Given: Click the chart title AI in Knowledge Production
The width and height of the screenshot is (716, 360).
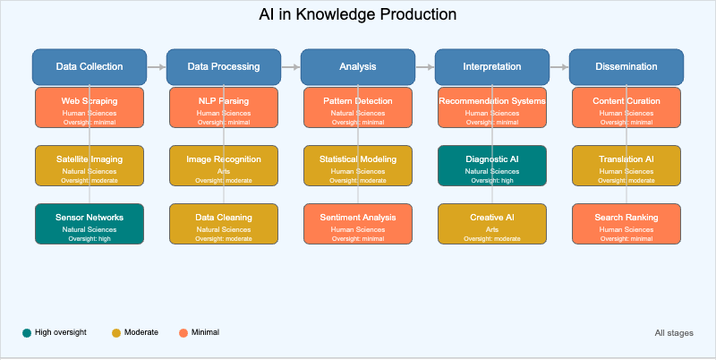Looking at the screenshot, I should pyautogui.click(x=358, y=15).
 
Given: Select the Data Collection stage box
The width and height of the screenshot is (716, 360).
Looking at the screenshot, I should pyautogui.click(x=89, y=66).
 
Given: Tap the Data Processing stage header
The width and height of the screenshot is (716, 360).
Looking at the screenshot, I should pyautogui.click(x=224, y=66).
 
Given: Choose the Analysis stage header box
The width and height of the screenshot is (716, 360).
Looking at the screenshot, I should pyautogui.click(x=358, y=66).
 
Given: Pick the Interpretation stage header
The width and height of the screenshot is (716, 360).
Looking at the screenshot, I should pyautogui.click(x=492, y=66).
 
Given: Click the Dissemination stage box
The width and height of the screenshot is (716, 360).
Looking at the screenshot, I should pyautogui.click(x=626, y=66).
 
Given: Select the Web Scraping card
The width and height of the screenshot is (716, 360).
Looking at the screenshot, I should pyautogui.click(x=89, y=107).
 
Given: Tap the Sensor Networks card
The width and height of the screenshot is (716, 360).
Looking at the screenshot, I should pyautogui.click(x=89, y=224).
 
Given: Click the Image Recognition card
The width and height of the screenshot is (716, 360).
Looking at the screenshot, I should pyautogui.click(x=224, y=166).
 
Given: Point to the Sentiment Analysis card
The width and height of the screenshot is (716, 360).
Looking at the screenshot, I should pyautogui.click(x=358, y=224).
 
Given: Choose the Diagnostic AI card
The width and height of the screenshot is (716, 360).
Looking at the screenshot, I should pyautogui.click(x=492, y=166).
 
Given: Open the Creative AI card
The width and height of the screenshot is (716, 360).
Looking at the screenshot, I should pyautogui.click(x=492, y=224).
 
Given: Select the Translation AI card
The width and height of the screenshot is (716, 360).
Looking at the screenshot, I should pyautogui.click(x=626, y=166).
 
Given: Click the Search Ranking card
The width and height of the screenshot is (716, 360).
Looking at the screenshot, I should pyautogui.click(x=626, y=224).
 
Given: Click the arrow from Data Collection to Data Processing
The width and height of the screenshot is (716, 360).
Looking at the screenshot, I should pyautogui.click(x=157, y=66).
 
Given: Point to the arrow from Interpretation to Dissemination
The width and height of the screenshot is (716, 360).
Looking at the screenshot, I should pyautogui.click(x=559, y=66).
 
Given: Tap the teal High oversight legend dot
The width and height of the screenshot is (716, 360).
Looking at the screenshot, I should pyautogui.click(x=27, y=333).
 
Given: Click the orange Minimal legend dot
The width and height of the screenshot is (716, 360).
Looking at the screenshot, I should pyautogui.click(x=183, y=333).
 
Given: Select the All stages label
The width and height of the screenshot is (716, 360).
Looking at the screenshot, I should pyautogui.click(x=673, y=333).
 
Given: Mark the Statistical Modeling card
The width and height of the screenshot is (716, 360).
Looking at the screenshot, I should pyautogui.click(x=358, y=166).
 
